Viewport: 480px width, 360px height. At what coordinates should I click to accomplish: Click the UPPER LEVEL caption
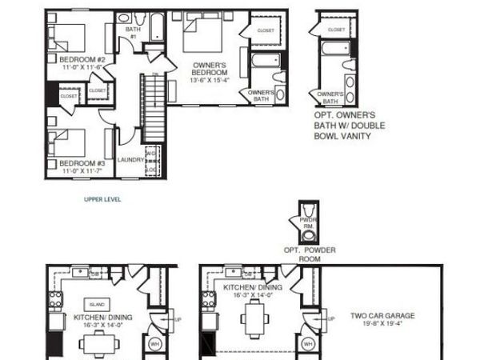(102, 199)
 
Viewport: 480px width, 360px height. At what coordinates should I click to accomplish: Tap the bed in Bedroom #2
(66, 36)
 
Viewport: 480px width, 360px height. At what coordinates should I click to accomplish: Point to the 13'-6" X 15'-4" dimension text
(211, 79)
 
